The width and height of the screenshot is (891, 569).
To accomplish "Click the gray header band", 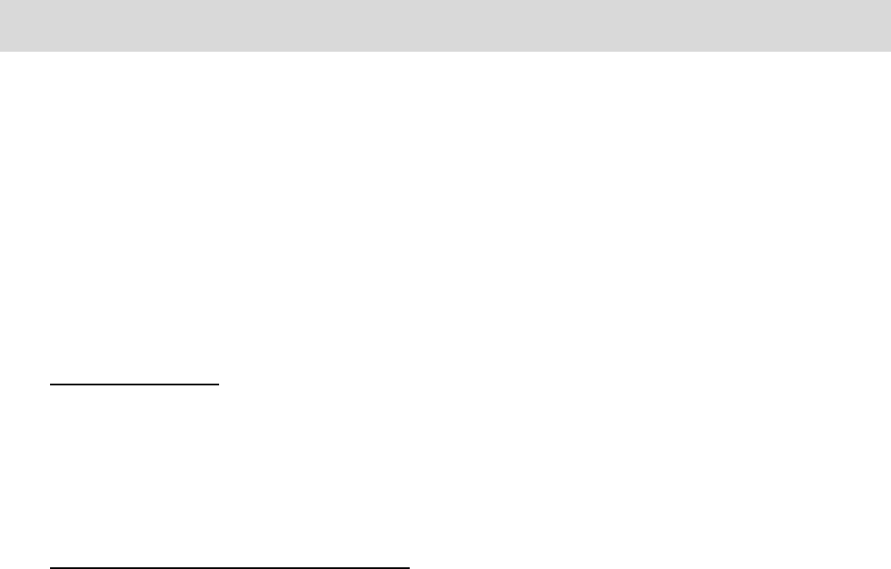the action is (445, 25).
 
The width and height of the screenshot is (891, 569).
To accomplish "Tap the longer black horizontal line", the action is (229, 567).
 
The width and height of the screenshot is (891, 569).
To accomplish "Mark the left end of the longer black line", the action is (50, 567).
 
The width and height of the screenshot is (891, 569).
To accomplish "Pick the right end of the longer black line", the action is (409, 567).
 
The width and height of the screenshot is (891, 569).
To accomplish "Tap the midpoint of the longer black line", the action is (229, 567).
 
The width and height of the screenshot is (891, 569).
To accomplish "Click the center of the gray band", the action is (445, 25).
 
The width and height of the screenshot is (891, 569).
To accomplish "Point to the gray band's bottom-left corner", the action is (0, 51).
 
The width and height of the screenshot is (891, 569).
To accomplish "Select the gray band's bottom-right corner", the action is (890, 51).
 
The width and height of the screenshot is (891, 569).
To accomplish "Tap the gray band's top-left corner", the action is (0, 0).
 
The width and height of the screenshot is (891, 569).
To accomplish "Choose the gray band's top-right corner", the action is (890, 0).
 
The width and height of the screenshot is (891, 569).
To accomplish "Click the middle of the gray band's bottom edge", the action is (445, 51).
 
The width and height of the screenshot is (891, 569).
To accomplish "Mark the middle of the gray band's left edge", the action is (0, 25).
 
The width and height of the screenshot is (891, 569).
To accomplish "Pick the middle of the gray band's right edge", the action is (890, 25).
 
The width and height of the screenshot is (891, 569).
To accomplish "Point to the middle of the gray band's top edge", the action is (445, 0).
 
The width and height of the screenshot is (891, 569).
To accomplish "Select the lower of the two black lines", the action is (229, 567).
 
